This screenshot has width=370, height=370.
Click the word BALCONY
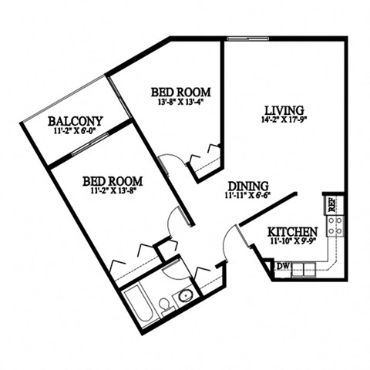point(75,121)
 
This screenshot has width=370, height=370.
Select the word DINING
point(248,186)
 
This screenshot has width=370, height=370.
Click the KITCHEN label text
point(292,232)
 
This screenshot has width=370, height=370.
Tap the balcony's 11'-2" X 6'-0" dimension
point(75,131)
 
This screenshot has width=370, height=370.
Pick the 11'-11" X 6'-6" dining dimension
point(248,196)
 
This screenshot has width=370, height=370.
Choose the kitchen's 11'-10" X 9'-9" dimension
point(292,242)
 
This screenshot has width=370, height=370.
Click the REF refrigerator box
point(329,204)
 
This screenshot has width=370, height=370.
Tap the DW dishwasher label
point(282,267)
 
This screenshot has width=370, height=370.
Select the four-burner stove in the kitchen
point(335,225)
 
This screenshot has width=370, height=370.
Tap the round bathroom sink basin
point(185,295)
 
